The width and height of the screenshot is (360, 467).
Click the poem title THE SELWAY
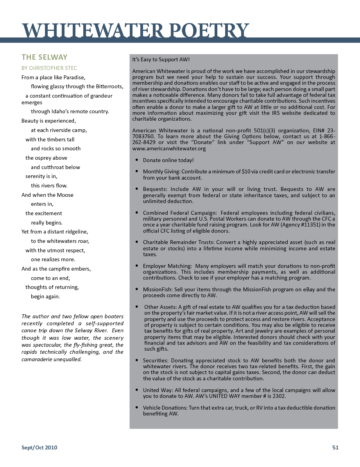pyautogui.click(x=45, y=57)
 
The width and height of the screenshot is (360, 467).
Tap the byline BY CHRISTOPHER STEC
pyautogui.click(x=49, y=68)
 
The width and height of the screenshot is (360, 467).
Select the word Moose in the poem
pyautogui.click(x=65, y=195)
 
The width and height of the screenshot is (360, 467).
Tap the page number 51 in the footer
pyautogui.click(x=335, y=447)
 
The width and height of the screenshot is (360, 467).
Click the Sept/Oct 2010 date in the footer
pyautogui.click(x=39, y=447)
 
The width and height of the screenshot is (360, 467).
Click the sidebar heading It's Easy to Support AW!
pyautogui.click(x=161, y=60)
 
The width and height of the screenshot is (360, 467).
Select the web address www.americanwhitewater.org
pyautogui.click(x=169, y=148)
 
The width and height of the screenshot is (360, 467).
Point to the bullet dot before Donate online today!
pyautogui.click(x=136, y=160)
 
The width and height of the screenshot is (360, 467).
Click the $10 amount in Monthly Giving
pyautogui.click(x=247, y=171)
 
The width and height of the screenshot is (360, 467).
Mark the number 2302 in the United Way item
pyautogui.click(x=279, y=396)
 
